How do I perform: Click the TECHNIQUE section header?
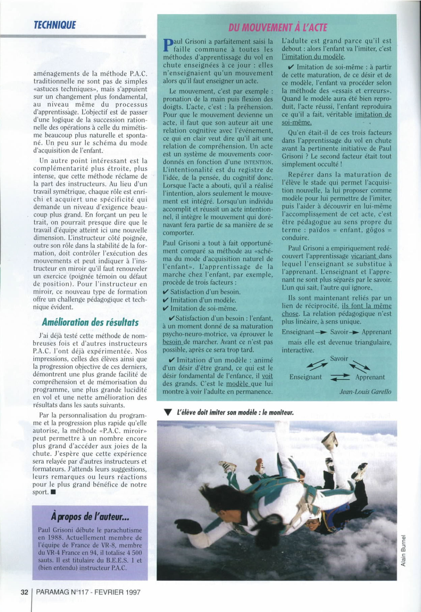[x=54, y=25]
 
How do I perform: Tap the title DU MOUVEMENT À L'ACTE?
[x=277, y=27]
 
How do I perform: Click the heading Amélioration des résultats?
[x=90, y=322]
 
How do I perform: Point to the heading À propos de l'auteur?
[x=90, y=516]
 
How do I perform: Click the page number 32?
[x=24, y=592]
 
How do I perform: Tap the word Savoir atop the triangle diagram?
[x=339, y=359]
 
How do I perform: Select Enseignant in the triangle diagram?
[x=306, y=377]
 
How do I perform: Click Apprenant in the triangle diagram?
[x=370, y=377]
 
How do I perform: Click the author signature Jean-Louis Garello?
[x=365, y=392]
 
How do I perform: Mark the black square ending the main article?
[x=54, y=492]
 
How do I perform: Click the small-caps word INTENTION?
[x=258, y=162]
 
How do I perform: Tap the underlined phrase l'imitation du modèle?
[x=313, y=57]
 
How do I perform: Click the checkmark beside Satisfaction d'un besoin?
[x=166, y=292]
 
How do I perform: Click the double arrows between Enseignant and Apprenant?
[x=340, y=378]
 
